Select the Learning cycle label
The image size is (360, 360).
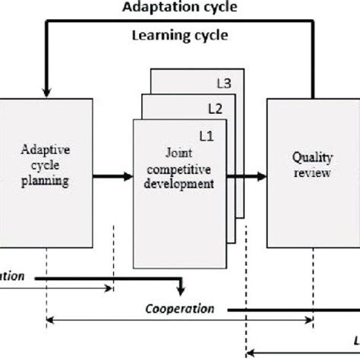pos(180,36)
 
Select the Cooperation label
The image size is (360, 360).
pos(179,309)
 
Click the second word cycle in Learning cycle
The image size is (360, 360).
pos(208,36)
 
